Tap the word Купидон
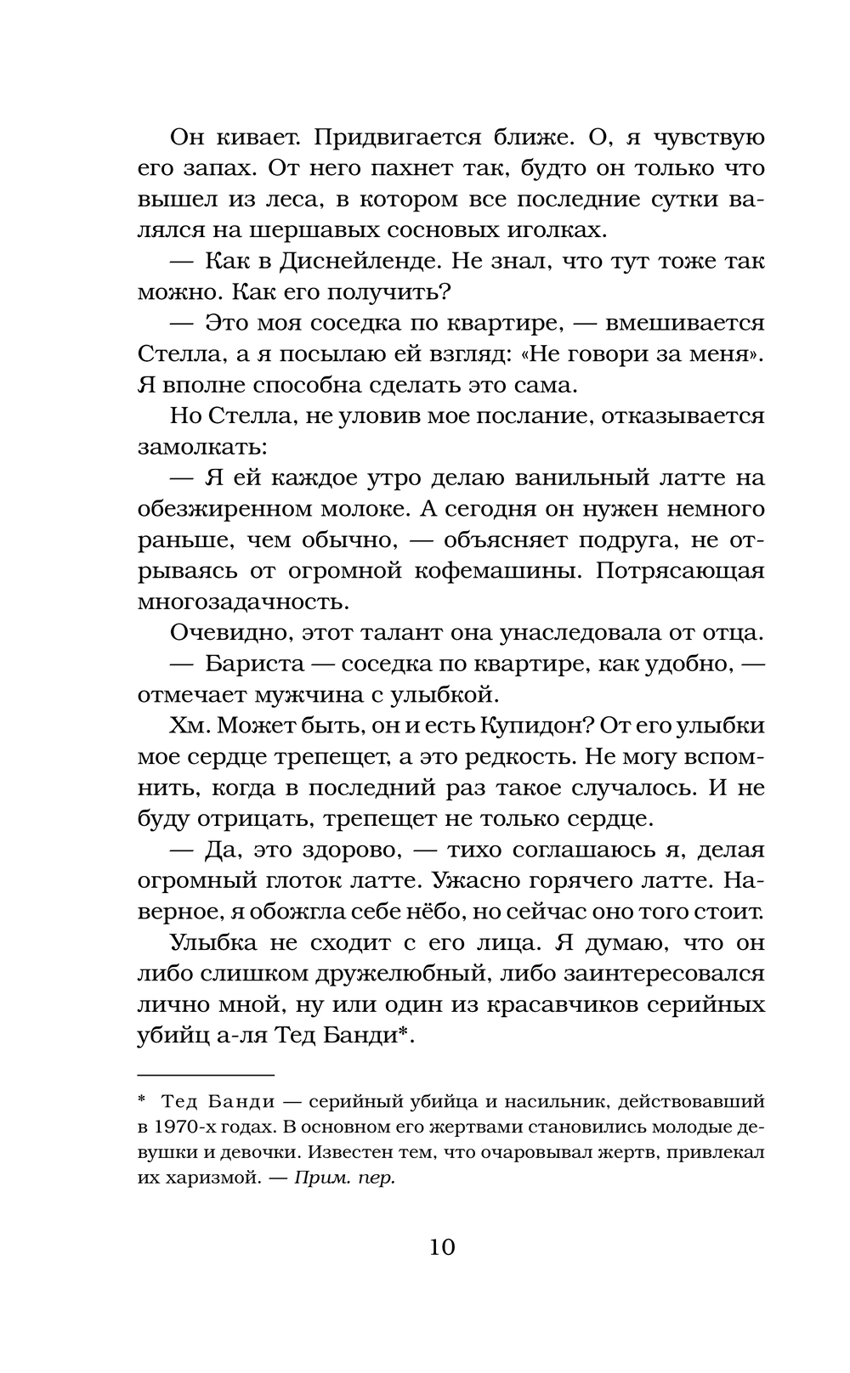coord(528,726)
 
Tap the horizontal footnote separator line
coord(207,1075)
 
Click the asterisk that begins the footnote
coord(142,1100)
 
